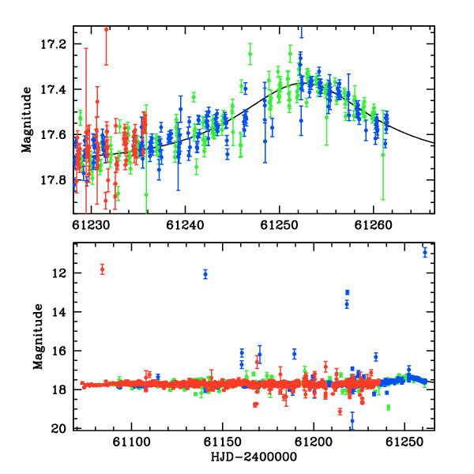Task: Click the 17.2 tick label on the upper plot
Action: [x=53, y=44]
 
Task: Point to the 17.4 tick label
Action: [x=53, y=90]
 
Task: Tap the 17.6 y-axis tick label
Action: [x=53, y=135]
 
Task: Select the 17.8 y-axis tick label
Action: [x=53, y=180]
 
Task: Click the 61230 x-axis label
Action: [x=91, y=225]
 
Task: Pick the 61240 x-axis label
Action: [x=185, y=225]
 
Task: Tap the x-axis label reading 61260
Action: [x=373, y=225]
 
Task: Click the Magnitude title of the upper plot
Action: [x=26, y=120]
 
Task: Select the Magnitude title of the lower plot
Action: [x=38, y=337]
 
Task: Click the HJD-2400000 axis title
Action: [x=254, y=457]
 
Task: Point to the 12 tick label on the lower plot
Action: [x=58, y=273]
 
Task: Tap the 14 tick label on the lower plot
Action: [x=58, y=312]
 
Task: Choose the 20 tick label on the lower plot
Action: [x=58, y=429]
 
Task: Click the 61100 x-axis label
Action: [x=131, y=442]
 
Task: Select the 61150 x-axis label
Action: [x=223, y=442]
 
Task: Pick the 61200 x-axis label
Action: [x=314, y=442]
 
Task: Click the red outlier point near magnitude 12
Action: [x=102, y=269]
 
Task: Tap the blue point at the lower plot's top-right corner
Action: [x=425, y=252]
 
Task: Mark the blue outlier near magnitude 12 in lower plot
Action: [x=205, y=274]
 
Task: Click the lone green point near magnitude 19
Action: [x=389, y=408]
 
